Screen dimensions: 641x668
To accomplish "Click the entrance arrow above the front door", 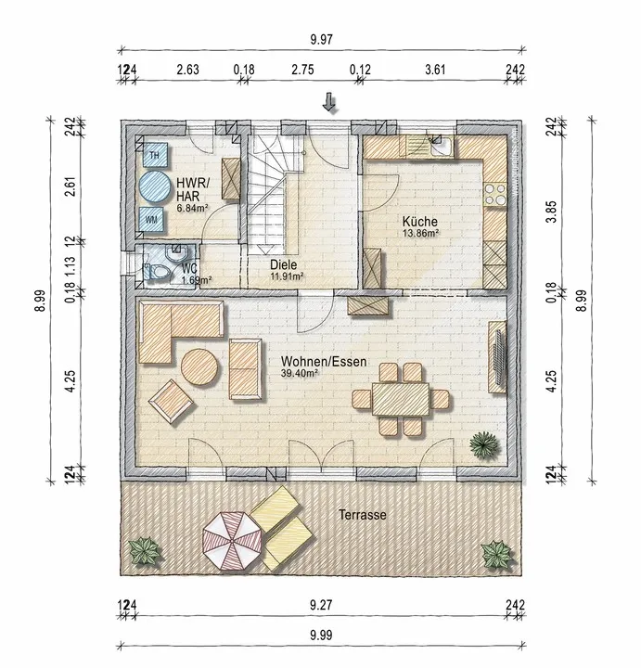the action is [x=328, y=102].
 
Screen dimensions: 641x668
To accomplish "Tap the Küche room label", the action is [x=420, y=222].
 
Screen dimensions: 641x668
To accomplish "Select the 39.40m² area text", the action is [x=301, y=373].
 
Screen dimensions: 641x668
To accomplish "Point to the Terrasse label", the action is [x=363, y=515].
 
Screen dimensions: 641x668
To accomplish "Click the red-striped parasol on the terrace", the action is [x=232, y=540].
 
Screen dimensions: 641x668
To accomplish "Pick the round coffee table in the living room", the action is [x=200, y=367].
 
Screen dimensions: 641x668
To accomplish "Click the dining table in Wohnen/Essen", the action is [x=401, y=399].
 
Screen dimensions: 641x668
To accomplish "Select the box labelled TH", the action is [x=154, y=155].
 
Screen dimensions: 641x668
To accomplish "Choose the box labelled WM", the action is [x=151, y=220].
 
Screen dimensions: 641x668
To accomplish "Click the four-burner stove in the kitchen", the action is [x=495, y=194].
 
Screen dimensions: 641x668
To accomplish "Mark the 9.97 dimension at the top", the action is [x=321, y=40].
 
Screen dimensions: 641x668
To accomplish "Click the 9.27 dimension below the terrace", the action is [x=321, y=605].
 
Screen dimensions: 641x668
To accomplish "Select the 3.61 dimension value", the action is [x=435, y=70].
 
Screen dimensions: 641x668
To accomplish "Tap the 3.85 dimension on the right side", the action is [x=552, y=212].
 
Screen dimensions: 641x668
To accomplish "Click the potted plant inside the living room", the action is [x=484, y=445].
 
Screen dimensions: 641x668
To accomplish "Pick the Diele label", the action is [x=283, y=264].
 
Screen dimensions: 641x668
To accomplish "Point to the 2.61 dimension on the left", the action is [x=71, y=186].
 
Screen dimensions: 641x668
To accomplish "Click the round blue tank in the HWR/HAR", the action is [x=154, y=187].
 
